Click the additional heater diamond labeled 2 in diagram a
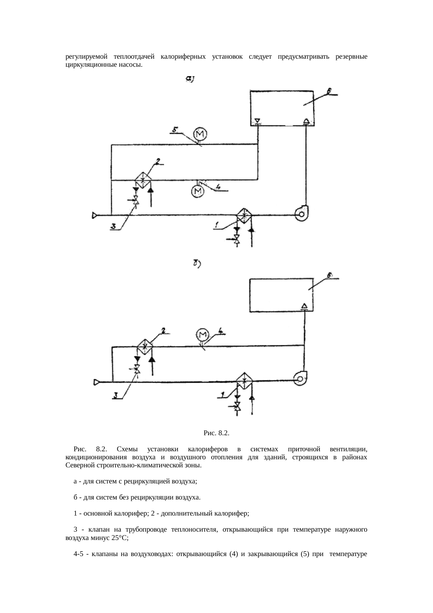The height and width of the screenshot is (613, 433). [142, 180]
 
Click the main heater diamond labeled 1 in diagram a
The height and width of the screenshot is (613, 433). [244, 215]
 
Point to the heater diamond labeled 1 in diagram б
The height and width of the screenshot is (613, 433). [244, 381]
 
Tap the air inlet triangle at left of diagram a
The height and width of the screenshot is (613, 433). [95, 216]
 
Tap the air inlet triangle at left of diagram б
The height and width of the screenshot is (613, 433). [96, 383]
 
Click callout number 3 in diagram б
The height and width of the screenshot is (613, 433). [115, 395]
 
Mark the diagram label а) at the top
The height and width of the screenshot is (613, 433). [190, 80]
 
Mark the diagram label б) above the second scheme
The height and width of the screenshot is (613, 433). [196, 264]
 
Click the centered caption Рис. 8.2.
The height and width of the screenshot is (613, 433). [216, 433]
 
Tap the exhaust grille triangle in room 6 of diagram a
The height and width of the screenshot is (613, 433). [257, 121]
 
